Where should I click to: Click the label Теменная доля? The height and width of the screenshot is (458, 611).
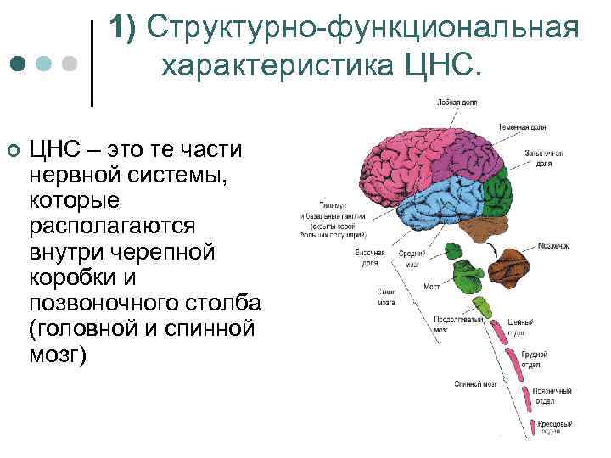[522, 126]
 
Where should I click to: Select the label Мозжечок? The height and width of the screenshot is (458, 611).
[552, 246]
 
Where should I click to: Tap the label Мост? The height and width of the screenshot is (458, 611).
[431, 287]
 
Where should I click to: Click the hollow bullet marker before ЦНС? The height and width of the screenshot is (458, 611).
[13, 151]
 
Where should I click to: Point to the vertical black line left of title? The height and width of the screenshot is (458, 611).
[92, 64]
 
